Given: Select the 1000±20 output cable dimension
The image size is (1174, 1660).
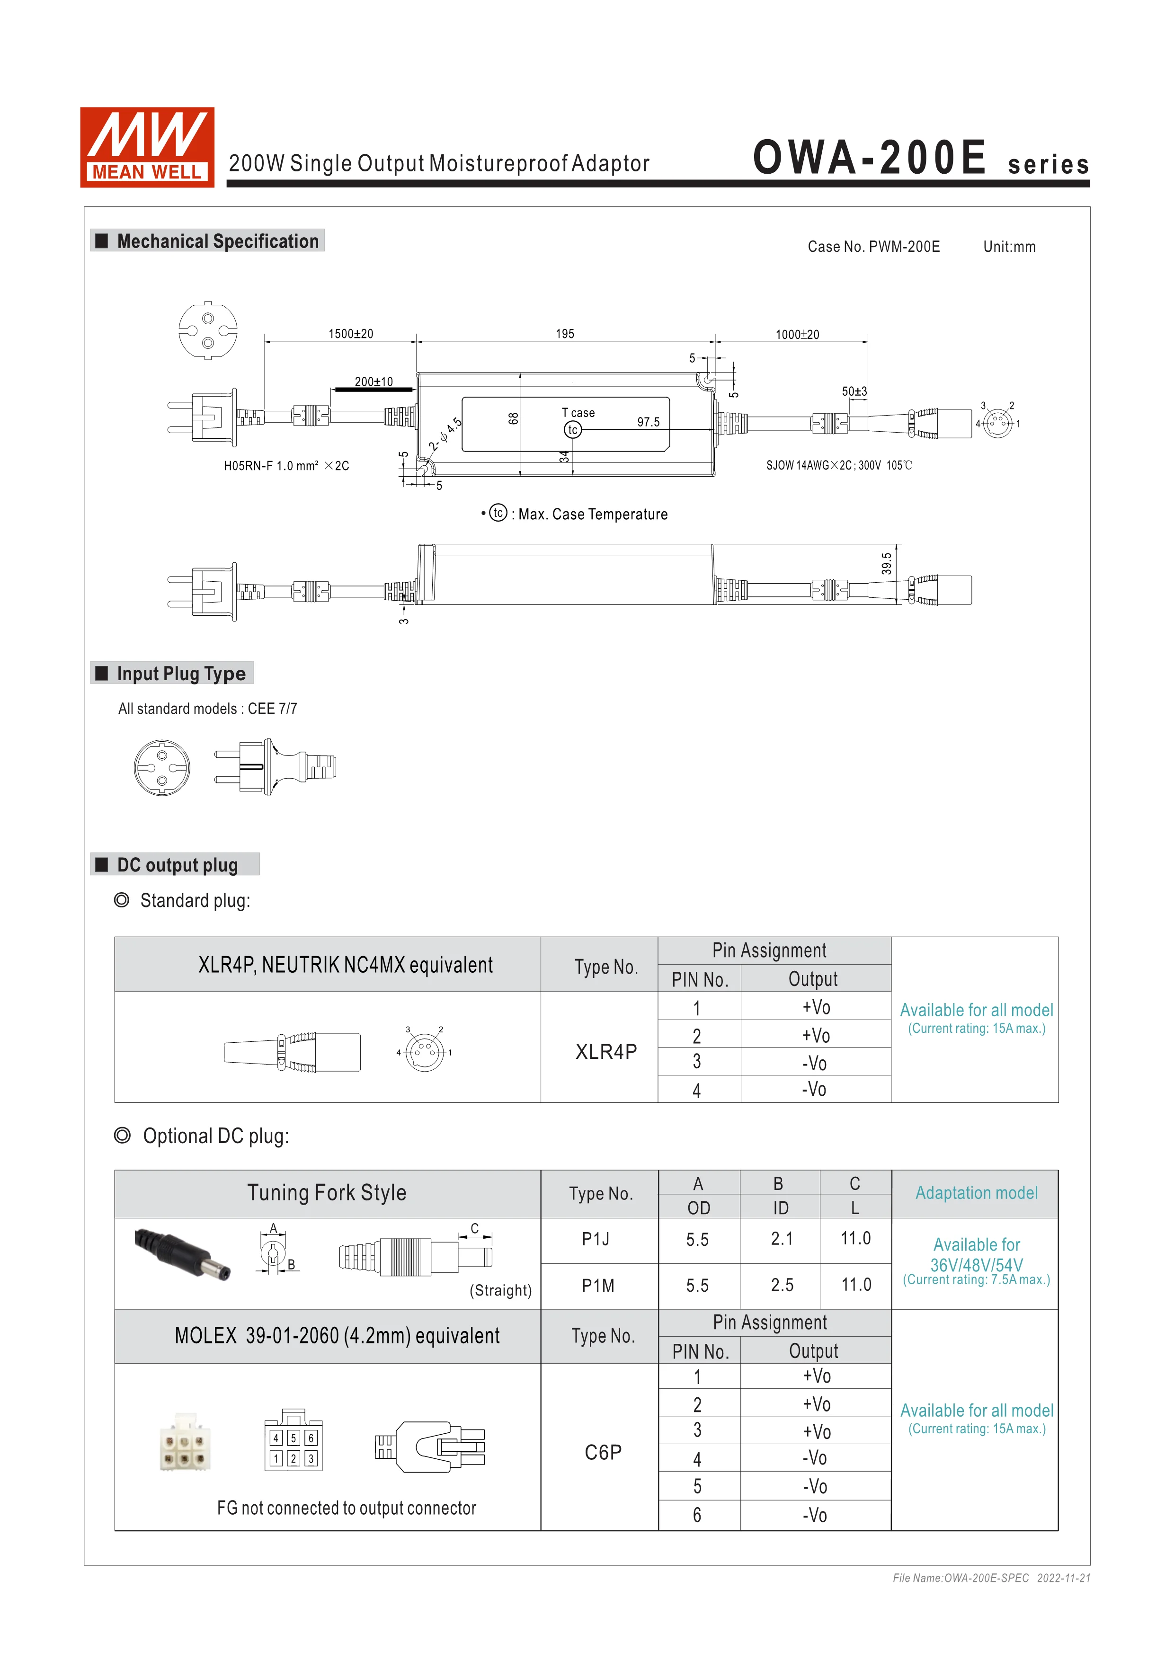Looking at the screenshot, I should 797,334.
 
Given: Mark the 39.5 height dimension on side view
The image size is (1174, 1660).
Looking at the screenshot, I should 886,563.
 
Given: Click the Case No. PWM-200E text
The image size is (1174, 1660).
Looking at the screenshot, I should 873,247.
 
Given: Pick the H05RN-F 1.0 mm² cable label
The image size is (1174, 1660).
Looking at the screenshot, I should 286,466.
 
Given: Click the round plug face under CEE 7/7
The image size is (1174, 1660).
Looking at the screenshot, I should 162,767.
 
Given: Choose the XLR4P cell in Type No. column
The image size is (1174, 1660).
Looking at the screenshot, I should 606,1051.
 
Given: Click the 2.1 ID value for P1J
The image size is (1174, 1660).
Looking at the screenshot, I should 782,1239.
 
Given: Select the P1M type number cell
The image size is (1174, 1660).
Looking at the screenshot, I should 598,1286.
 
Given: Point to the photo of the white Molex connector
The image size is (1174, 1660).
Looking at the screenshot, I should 184,1442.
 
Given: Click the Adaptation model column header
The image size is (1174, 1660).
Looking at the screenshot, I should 976,1193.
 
